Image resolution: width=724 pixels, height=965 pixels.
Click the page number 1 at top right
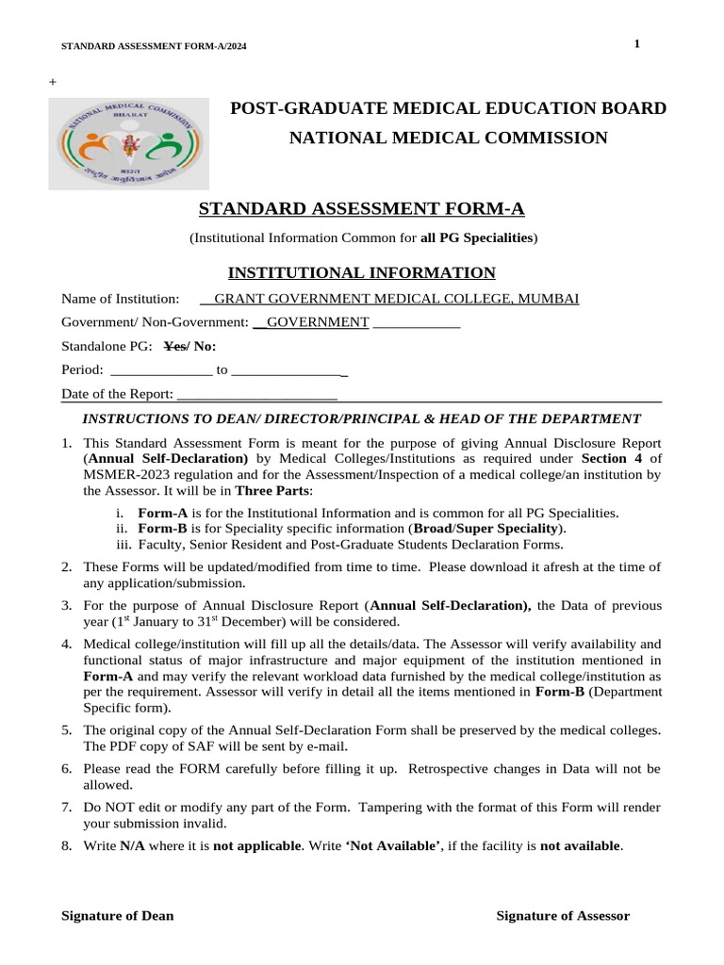[x=637, y=44]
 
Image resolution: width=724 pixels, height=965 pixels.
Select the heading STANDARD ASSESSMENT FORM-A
[x=362, y=208]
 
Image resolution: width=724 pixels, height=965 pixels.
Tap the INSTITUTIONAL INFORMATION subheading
[x=362, y=273]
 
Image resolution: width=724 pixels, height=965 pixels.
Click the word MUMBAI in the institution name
[x=549, y=299]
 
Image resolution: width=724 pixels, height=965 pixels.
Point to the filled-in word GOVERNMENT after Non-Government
[x=318, y=322]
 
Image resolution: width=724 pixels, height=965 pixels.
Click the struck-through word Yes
[x=175, y=346]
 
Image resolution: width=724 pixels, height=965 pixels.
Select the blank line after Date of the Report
[x=256, y=393]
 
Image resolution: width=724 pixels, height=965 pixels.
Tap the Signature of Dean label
[x=117, y=916]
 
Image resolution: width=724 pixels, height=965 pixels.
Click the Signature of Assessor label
[x=563, y=916]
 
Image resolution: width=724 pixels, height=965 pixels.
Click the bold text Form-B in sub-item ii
[x=163, y=529]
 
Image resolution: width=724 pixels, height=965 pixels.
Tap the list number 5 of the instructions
[x=67, y=730]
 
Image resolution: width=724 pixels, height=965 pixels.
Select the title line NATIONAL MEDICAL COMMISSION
[x=448, y=139]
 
